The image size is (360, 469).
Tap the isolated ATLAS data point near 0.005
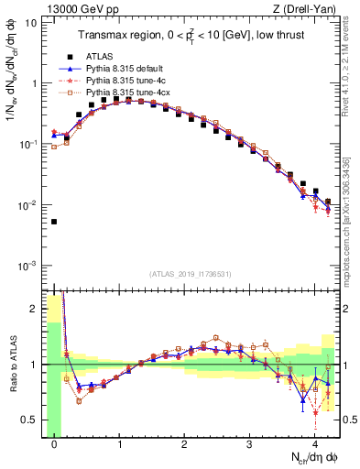coord(54,222)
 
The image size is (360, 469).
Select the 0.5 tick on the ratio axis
coord(30,420)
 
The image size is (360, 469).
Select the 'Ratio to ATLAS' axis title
coord(12,365)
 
